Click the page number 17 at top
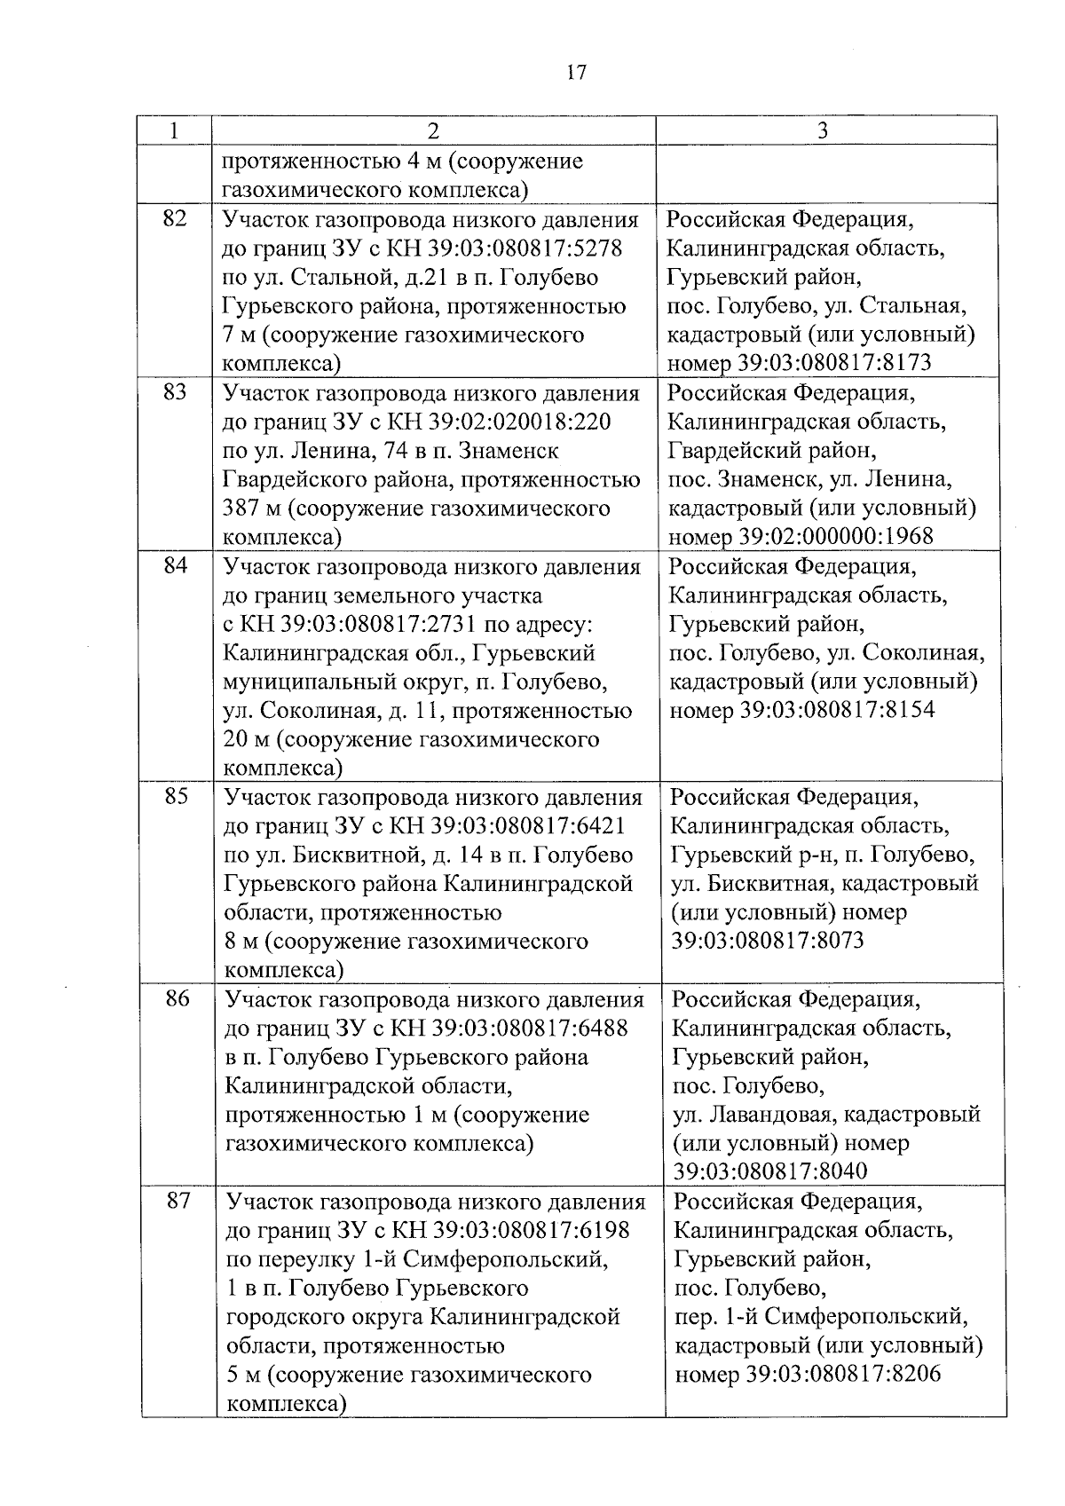coord(576,73)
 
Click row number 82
coord(175,217)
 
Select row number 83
coord(175,391)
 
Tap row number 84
coord(176,564)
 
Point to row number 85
coord(177,796)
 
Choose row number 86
coord(177,998)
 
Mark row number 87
coord(178,1201)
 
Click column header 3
coord(822,131)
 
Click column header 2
coord(432,131)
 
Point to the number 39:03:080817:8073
coord(768,941)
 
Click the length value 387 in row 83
coord(242,509)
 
